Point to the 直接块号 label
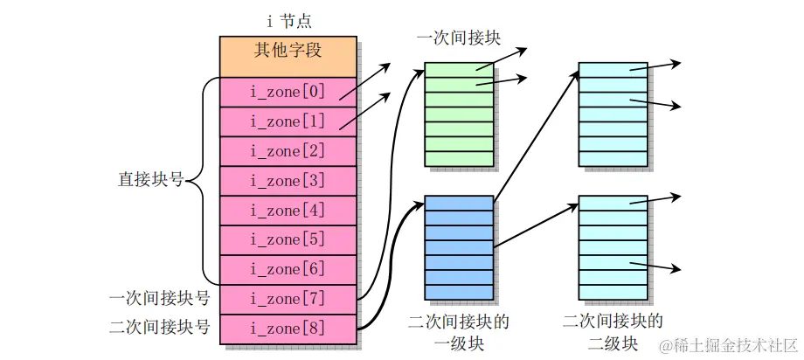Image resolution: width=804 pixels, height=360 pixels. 150,180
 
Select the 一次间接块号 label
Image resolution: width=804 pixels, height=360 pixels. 159,299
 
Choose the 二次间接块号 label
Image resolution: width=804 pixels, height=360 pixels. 159,329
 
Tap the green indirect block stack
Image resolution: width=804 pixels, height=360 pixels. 459,114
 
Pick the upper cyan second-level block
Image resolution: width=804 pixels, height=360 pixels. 613,114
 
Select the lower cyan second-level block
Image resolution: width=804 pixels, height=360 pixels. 613,247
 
